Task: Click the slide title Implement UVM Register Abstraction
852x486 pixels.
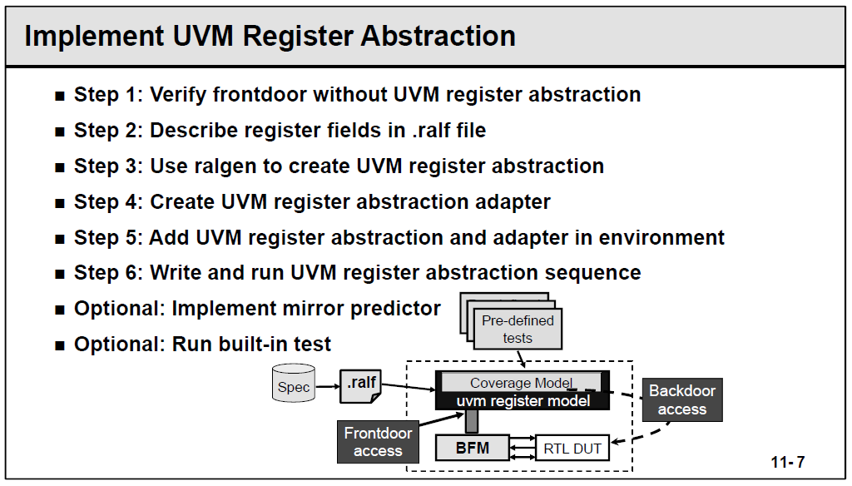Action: click(x=270, y=37)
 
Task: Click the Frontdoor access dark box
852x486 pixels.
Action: click(x=378, y=442)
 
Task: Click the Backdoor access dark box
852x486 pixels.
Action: click(x=681, y=399)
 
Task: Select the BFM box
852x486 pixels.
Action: click(x=472, y=448)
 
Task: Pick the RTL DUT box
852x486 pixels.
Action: click(x=572, y=449)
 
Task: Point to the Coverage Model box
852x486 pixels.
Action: click(x=521, y=383)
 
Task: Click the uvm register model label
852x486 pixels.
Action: click(x=523, y=401)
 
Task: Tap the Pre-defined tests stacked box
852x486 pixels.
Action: click(x=517, y=328)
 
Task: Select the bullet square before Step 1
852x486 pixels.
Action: click(x=59, y=96)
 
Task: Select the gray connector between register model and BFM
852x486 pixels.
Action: click(x=472, y=421)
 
